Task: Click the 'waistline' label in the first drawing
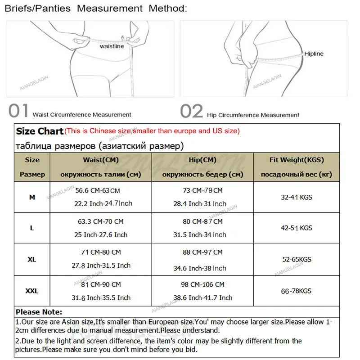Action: point(112,46)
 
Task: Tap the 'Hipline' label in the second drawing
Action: point(314,54)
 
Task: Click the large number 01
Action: point(19,111)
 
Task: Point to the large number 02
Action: point(192,111)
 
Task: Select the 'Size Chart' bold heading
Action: point(40,131)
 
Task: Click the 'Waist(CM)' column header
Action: point(101,160)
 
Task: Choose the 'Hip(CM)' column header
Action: point(202,160)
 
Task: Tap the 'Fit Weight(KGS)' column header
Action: point(297,160)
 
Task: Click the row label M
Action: point(32,197)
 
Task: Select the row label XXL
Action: point(32,291)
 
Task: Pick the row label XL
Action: point(32,260)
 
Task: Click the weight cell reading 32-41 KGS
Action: point(297,197)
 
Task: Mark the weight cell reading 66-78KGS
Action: point(297,291)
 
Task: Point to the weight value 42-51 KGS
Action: point(297,228)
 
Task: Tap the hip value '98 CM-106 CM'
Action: point(202,284)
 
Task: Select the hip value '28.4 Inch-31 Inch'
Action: point(200,204)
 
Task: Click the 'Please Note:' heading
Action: point(39,312)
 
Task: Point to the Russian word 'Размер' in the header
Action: point(32,174)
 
